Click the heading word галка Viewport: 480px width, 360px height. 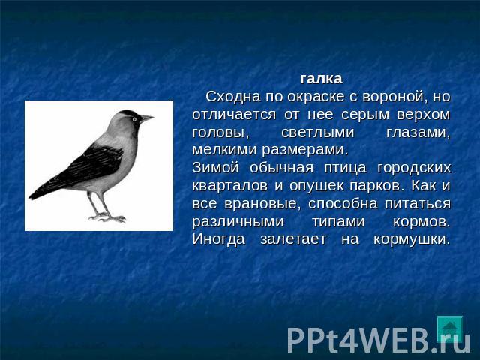coord(321,79)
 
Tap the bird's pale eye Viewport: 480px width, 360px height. coord(134,119)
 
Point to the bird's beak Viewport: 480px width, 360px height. coord(146,118)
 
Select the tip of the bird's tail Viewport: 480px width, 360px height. coord(30,196)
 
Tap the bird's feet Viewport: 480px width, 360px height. coord(107,218)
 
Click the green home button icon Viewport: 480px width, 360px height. coord(449,328)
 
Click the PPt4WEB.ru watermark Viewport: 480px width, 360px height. coord(378,340)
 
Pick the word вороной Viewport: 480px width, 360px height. coord(395,97)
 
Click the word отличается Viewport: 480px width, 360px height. coord(234,115)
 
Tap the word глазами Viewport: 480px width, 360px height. coord(418,133)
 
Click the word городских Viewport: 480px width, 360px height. coord(414,169)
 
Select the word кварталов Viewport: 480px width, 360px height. coord(230,186)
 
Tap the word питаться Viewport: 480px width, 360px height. coord(418,204)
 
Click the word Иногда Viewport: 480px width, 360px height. coord(218,239)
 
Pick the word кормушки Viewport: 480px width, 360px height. coord(412,239)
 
